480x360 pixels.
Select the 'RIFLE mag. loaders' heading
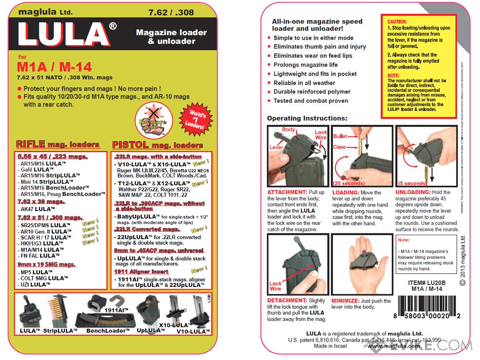[58, 144]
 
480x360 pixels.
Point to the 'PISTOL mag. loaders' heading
[158, 145]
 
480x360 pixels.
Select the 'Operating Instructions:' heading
[307, 118]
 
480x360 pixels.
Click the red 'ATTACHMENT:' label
[286, 192]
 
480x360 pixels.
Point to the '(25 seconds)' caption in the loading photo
[349, 183]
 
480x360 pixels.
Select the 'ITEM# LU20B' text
[426, 282]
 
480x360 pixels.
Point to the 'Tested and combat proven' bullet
[311, 101]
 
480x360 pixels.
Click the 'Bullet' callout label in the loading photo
[340, 136]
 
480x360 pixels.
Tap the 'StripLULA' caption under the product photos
[60, 331]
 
